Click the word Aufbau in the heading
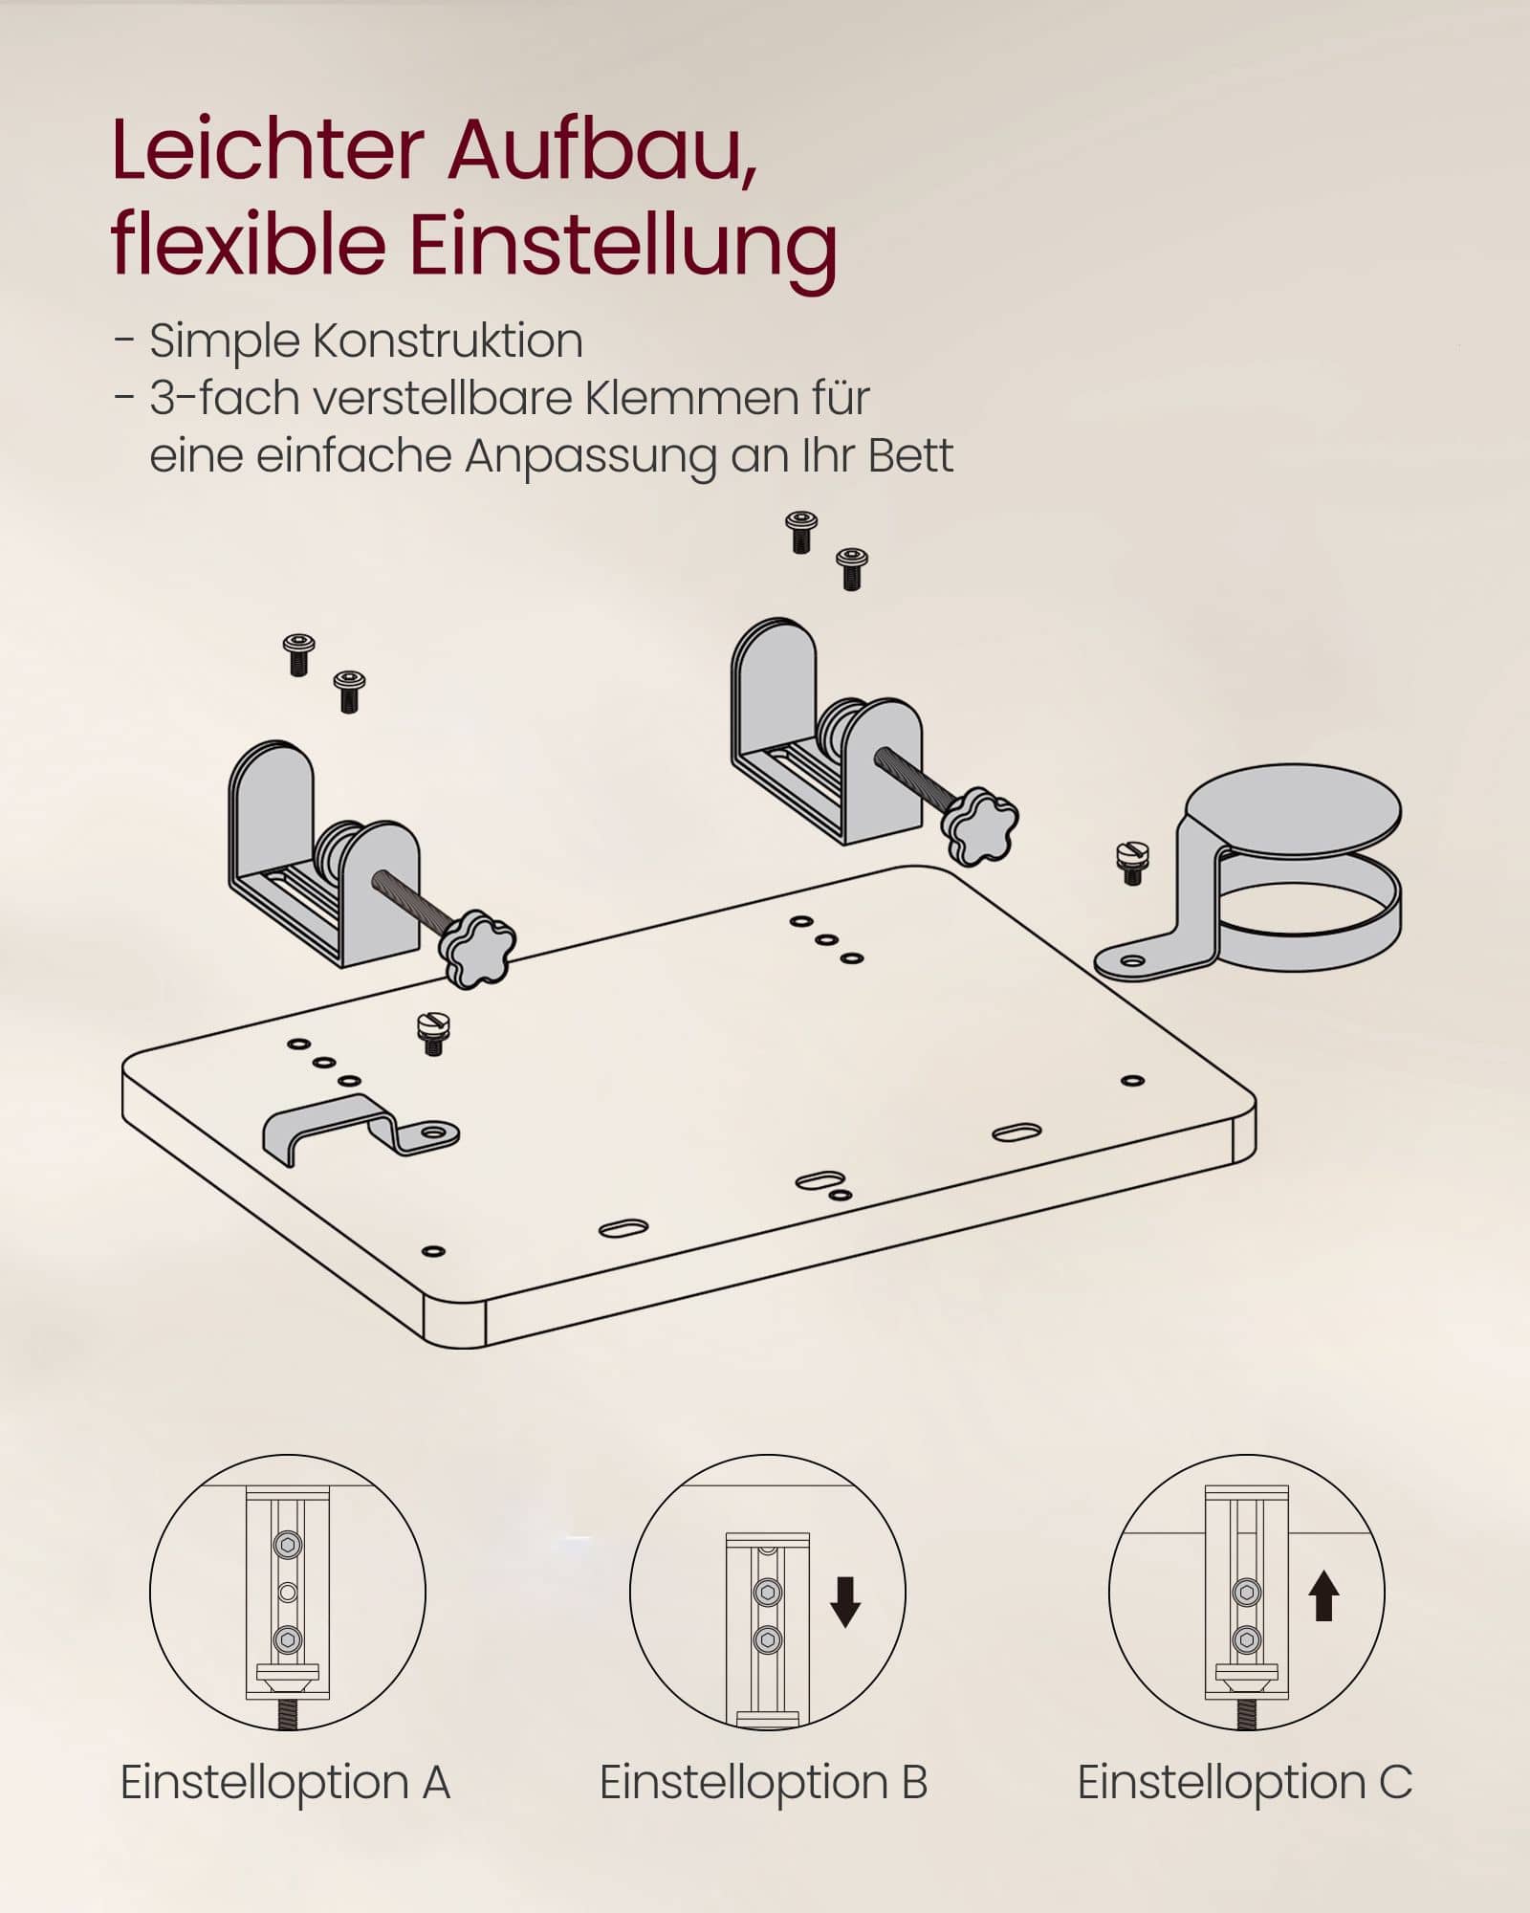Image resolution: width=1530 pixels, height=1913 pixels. [x=601, y=151]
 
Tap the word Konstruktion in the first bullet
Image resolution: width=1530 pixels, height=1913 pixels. [x=447, y=341]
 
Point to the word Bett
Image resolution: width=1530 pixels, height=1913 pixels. [x=910, y=455]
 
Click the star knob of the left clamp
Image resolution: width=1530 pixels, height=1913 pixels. [x=476, y=949]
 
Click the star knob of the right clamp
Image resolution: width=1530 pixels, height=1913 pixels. [x=979, y=825]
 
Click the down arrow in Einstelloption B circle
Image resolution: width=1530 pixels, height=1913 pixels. [x=845, y=1602]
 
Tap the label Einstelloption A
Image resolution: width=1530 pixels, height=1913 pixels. [x=285, y=1782]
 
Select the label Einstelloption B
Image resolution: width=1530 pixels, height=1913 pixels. [x=763, y=1782]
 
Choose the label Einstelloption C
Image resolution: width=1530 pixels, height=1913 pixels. [x=1244, y=1782]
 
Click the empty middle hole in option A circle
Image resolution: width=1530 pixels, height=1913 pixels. [x=287, y=1593]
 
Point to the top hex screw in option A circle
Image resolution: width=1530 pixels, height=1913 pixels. [x=287, y=1545]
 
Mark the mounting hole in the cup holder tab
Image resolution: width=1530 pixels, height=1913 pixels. [x=1133, y=960]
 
